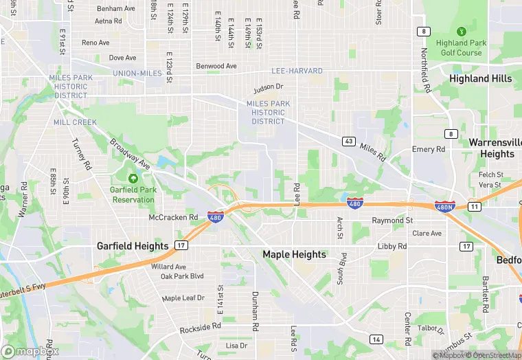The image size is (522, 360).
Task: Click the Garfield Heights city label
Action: point(133,246)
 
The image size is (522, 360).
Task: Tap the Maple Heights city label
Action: point(294,254)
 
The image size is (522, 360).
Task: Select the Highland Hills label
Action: point(480,79)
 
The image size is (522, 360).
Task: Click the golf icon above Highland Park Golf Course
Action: point(461,32)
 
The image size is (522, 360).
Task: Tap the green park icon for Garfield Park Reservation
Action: point(133,179)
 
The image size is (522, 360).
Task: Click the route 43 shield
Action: point(349,142)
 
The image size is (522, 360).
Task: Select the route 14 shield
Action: point(376,339)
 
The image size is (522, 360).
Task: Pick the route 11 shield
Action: point(474,206)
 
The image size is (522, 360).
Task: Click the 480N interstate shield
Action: point(444,206)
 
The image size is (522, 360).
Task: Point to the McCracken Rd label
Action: point(173,217)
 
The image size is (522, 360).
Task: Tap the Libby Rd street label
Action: point(392,247)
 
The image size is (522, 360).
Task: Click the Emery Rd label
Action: point(429,149)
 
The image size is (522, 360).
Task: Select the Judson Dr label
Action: point(268,87)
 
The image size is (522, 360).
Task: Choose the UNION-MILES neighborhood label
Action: point(137,74)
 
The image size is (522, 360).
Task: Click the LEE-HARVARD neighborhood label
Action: point(297,71)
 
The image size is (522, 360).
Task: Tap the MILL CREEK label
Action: point(75,122)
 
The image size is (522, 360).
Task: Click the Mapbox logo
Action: point(30,351)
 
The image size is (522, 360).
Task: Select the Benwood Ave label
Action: point(216,66)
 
